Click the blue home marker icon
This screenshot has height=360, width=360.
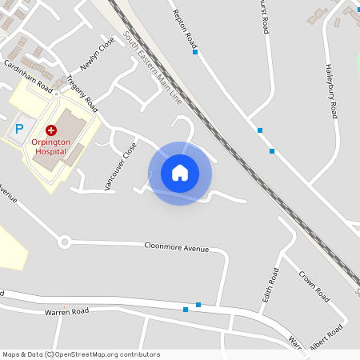tap(180, 173)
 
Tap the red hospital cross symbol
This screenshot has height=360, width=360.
tap(51, 129)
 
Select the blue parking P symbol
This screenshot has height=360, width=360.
tap(21, 128)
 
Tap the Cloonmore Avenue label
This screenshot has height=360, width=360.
tap(176, 247)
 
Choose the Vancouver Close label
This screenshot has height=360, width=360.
tap(121, 166)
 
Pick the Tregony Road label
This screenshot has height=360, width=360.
tap(83, 92)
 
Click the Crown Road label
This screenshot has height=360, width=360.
tap(314, 286)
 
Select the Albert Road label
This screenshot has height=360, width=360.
tap(326, 337)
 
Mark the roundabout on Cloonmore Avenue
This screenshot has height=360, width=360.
tap(65, 241)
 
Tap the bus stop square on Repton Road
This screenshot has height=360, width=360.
tap(195, 52)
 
